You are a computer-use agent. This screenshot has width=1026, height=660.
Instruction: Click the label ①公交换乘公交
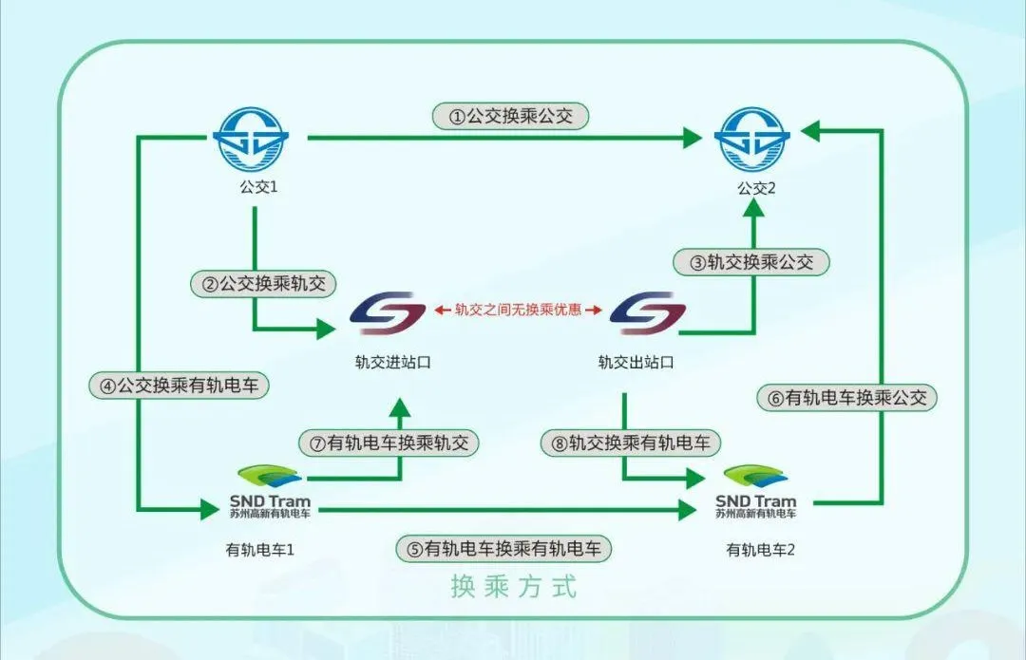[x=511, y=116]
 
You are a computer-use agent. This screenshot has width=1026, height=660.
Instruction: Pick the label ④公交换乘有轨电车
[x=180, y=386]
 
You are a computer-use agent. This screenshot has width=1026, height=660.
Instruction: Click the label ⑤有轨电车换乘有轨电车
[x=503, y=548]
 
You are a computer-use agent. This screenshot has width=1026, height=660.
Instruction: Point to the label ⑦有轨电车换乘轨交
[x=389, y=443]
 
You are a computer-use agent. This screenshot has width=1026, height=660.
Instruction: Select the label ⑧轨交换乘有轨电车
[x=631, y=443]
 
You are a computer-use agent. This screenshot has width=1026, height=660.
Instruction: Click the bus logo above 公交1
[x=255, y=139]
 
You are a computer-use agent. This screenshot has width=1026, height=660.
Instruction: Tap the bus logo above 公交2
[x=753, y=139]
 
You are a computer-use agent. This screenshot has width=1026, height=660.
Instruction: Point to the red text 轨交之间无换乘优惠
[x=518, y=310]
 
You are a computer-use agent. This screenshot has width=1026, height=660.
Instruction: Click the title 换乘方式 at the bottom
[x=513, y=587]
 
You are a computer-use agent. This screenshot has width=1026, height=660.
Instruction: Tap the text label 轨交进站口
[x=387, y=362]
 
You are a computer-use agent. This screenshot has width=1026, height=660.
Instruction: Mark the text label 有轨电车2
[x=760, y=549]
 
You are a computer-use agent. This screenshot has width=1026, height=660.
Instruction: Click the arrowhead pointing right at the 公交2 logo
[x=692, y=139]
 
